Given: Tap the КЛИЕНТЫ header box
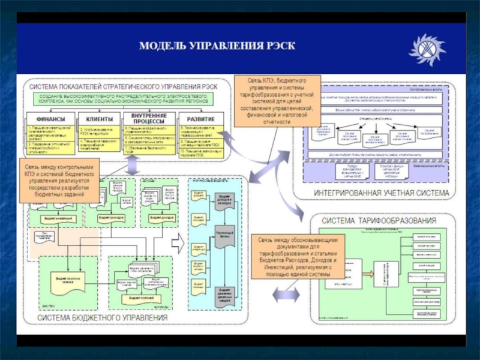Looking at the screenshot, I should [x=99, y=118].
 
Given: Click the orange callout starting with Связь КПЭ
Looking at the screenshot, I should [x=277, y=101].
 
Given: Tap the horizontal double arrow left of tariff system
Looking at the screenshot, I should [x=285, y=295].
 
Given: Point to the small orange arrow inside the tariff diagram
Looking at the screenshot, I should [x=366, y=274].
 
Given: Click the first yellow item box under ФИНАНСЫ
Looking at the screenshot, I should [x=50, y=131].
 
